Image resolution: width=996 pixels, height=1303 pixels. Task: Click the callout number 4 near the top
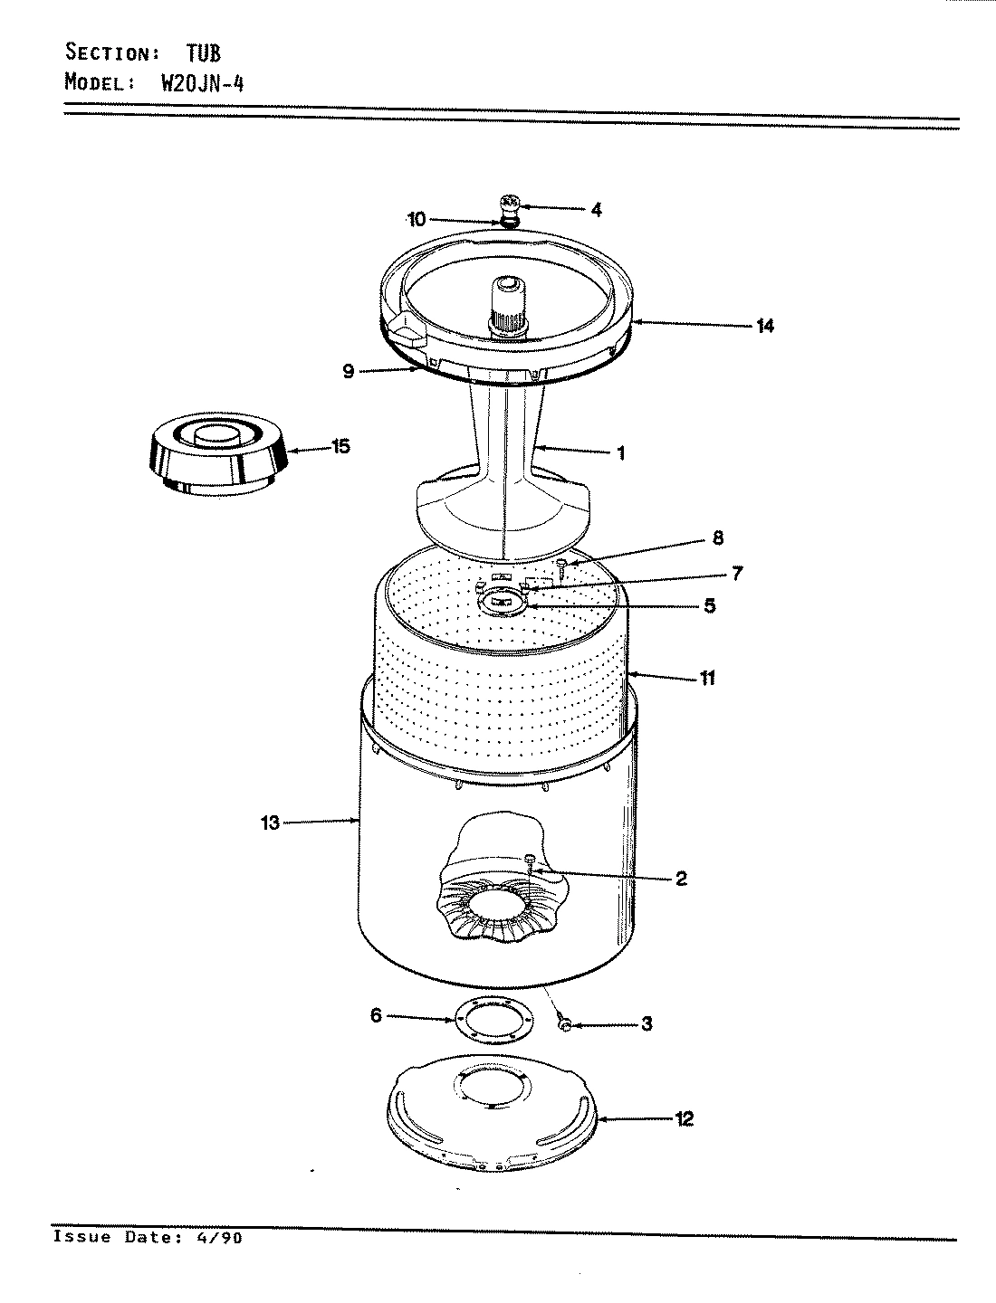(595, 210)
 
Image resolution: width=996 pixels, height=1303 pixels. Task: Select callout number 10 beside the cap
(417, 219)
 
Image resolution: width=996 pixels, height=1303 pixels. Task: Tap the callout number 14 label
(765, 325)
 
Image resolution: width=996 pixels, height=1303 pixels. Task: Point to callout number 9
(349, 371)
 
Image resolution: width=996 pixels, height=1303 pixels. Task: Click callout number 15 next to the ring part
(340, 447)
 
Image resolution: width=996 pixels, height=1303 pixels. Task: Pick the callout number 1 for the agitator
(620, 453)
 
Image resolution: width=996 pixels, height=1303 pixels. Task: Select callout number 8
(717, 538)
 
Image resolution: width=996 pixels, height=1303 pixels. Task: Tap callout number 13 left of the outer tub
(271, 823)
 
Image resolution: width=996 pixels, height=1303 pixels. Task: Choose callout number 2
(681, 878)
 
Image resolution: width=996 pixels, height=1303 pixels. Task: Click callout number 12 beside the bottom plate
(684, 1119)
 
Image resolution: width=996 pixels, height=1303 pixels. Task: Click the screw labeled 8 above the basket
(562, 567)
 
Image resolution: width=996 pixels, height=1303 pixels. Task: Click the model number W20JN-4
(202, 83)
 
